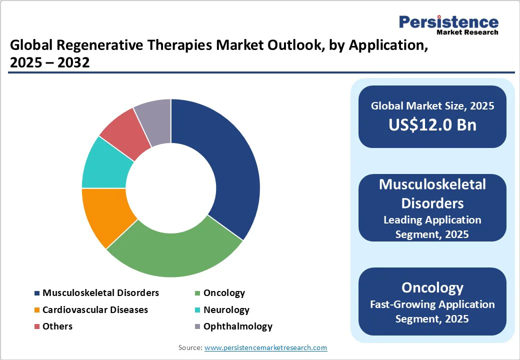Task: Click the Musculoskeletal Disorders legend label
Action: [x=100, y=293]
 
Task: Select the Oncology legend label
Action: [x=224, y=293]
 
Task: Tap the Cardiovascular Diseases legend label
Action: [x=95, y=310]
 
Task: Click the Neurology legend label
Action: [x=226, y=310]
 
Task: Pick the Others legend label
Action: [x=57, y=326]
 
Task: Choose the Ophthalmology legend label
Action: [x=238, y=326]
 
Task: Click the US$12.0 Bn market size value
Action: [x=432, y=124]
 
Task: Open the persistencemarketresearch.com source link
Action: [x=265, y=347]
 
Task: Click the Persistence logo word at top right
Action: [x=448, y=22]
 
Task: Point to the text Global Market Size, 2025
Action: [x=432, y=105]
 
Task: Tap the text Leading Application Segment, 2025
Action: [x=432, y=226]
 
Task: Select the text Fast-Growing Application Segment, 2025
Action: [x=432, y=311]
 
